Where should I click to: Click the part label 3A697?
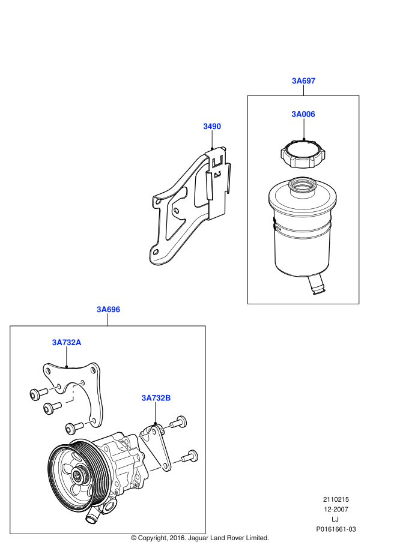tap(303, 80)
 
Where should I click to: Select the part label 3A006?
tap(303, 114)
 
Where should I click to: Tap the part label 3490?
tap(211, 127)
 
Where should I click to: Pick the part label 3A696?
tap(109, 310)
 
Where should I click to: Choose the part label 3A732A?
tap(66, 342)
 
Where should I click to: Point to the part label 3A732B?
tap(156, 397)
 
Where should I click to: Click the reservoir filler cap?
tap(303, 152)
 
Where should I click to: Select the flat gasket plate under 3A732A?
tap(90, 390)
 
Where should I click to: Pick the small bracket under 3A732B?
tap(157, 447)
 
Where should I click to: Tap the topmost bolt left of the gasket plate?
tap(37, 394)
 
